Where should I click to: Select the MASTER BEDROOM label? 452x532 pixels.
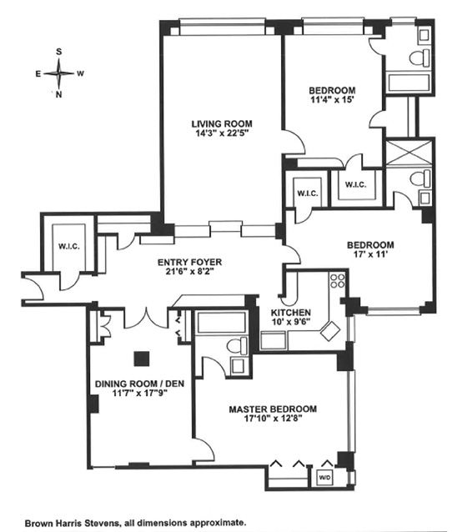273,409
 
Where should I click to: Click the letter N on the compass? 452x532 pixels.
58,94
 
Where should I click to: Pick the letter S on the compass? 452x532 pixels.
58,51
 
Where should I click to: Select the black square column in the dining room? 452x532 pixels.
142,357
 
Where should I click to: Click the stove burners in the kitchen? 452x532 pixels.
337,283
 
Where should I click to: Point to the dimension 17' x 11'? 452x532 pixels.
370,257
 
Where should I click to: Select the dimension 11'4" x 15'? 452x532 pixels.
333,102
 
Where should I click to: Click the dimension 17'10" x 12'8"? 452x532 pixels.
273,420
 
